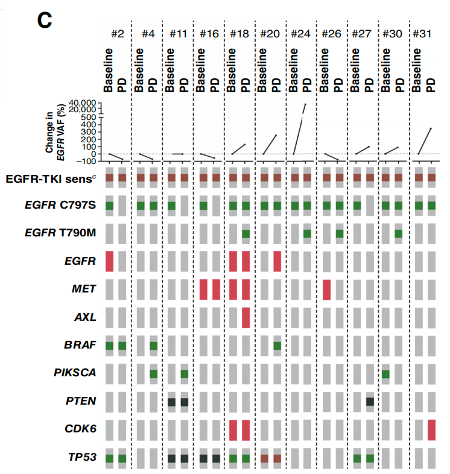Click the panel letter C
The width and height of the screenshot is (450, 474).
(45, 21)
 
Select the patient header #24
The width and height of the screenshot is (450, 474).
(300, 34)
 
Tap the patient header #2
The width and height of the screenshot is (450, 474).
(118, 34)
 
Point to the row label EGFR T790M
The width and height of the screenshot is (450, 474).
(60, 233)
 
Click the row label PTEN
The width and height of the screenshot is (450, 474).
(81, 401)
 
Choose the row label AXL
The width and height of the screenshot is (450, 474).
(85, 317)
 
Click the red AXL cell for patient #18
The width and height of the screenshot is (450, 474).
(246, 318)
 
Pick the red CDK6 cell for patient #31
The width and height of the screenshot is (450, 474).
(431, 430)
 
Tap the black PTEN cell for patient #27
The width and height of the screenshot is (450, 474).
(370, 402)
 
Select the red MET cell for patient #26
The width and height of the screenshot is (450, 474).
(326, 289)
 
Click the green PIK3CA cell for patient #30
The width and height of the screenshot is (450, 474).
(385, 374)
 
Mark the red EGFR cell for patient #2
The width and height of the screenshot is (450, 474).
(109, 262)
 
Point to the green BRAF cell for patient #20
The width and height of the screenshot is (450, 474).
(277, 346)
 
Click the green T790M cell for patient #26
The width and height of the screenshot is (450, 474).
(340, 233)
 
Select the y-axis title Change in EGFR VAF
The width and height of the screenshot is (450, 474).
(55, 133)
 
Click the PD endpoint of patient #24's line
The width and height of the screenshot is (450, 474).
(305, 104)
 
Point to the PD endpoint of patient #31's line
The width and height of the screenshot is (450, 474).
(431, 128)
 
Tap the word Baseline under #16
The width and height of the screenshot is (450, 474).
(200, 70)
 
